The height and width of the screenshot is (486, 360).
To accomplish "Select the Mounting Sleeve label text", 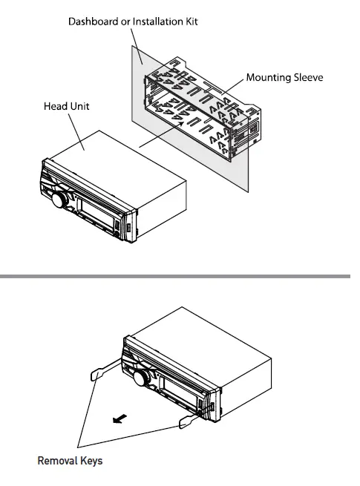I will (284, 77).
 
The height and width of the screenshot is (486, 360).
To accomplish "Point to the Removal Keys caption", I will (70, 461).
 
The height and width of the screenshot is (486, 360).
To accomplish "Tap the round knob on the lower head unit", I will (140, 378).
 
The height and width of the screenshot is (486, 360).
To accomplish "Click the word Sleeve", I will (307, 77).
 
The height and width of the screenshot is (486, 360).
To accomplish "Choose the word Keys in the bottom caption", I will (91, 461).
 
